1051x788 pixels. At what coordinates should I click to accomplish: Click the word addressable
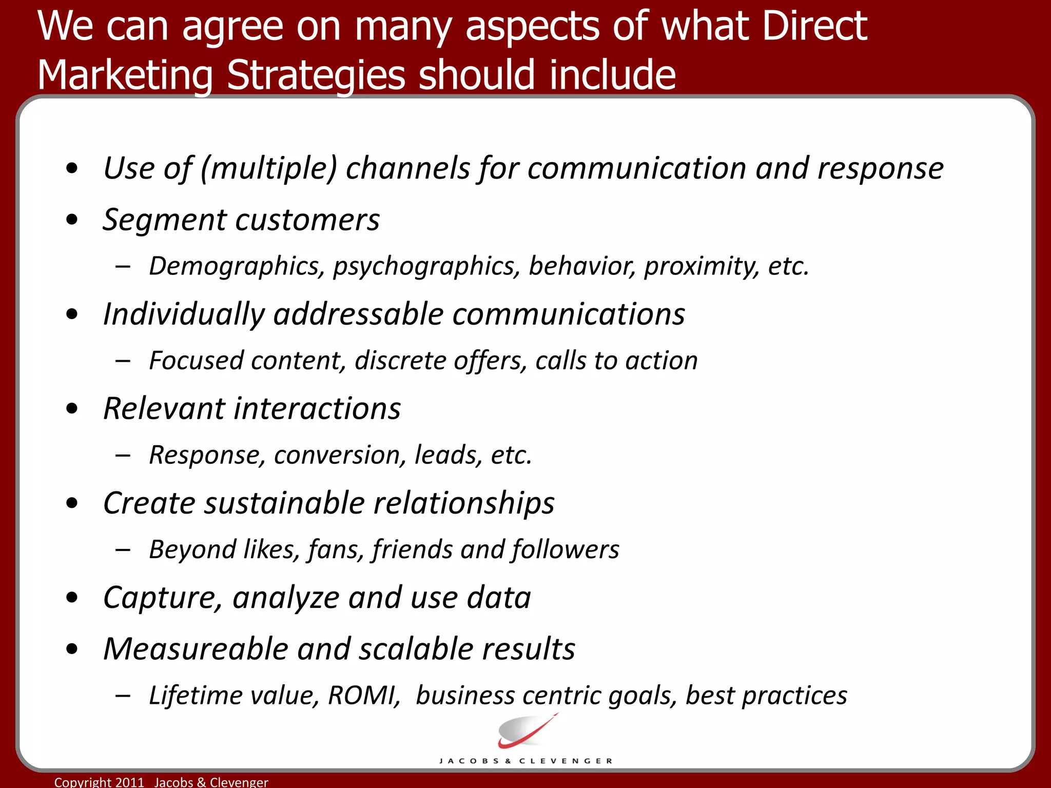(358, 314)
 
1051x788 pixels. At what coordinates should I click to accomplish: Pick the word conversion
(340, 455)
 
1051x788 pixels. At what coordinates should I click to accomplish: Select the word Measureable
(195, 649)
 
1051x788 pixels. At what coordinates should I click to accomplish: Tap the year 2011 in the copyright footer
(129, 782)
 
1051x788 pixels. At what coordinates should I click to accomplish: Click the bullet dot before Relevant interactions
(72, 409)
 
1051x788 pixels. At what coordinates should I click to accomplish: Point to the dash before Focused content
(123, 361)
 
